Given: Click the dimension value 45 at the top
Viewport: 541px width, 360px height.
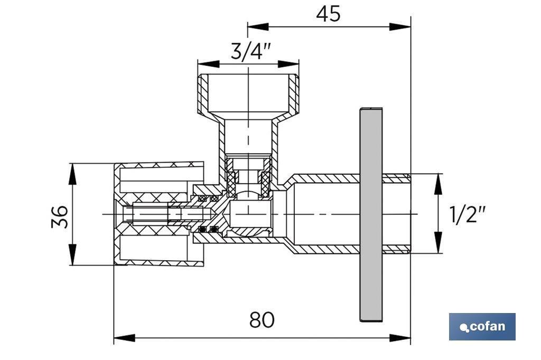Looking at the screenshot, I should pos(328,14).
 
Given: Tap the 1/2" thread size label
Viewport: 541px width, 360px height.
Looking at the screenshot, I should pos(467,214).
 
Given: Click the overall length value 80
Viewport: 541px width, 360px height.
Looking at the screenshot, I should pos(262,319).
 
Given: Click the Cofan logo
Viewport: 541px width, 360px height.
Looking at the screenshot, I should pos(482,327).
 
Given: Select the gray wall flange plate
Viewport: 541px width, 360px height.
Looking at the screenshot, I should pos(371,214).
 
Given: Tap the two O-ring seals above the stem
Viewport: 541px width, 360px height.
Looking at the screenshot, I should pos(208,198).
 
